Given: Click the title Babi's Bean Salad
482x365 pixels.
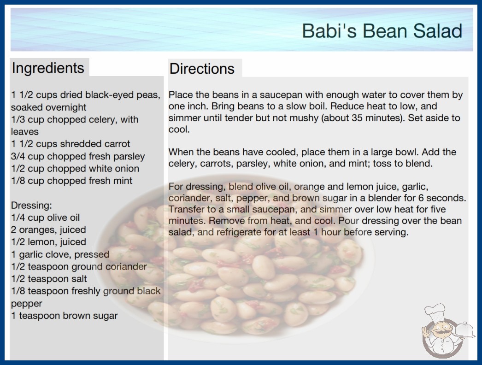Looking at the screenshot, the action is [382, 31].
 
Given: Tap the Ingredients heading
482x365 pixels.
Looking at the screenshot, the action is [48, 68].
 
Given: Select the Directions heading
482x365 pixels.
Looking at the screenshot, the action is [202, 69].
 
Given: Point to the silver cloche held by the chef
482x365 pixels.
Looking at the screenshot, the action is [464, 330].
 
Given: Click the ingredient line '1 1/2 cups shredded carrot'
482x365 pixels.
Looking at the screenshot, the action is [71, 144].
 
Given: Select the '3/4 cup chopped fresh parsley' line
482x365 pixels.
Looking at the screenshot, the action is [78, 156].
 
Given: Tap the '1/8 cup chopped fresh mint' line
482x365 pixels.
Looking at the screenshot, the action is [71, 181].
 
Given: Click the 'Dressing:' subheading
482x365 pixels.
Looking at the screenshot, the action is [31, 206].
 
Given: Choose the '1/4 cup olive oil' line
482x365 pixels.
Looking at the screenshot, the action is [45, 218].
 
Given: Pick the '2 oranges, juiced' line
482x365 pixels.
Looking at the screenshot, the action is [48, 230].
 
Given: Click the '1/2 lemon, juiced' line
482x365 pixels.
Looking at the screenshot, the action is [48, 242].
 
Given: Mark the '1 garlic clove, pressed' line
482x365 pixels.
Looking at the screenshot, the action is [60, 254].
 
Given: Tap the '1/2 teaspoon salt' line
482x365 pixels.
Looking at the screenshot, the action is [49, 279].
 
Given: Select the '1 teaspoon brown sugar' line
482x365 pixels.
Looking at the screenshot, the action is [64, 316].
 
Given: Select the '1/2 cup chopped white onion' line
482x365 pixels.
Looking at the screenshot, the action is [75, 169].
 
